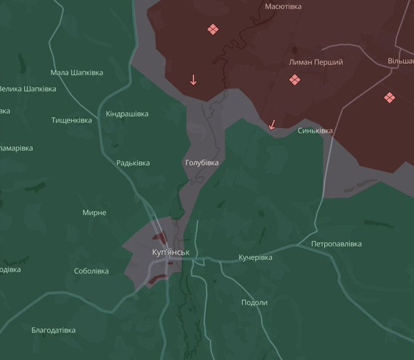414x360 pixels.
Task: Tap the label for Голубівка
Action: click(x=202, y=163)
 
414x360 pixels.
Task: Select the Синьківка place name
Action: click(x=315, y=131)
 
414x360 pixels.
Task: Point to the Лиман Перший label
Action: click(x=315, y=62)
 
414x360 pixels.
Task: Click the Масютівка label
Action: click(x=283, y=7)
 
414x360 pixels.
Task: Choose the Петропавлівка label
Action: click(x=336, y=244)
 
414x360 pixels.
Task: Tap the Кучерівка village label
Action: click(x=255, y=258)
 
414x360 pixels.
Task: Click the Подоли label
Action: click(x=254, y=303)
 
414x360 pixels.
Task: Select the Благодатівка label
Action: click(x=54, y=330)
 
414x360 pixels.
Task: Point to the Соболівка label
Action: click(x=91, y=271)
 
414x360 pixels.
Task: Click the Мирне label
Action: click(x=94, y=213)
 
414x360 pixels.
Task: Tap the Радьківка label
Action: click(x=133, y=163)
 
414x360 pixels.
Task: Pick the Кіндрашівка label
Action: click(x=127, y=114)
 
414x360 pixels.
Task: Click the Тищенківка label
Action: click(x=71, y=120)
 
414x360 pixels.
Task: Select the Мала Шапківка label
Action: click(x=77, y=72)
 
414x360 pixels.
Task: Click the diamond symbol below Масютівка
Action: click(x=212, y=29)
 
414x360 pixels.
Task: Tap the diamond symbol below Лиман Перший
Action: click(x=294, y=80)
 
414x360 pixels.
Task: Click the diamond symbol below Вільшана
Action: click(x=390, y=97)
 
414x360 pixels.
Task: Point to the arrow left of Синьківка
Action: click(x=272, y=125)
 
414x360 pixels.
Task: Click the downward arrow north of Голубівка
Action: click(x=194, y=80)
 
